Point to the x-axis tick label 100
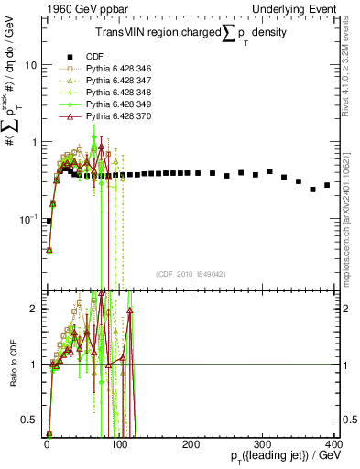118,444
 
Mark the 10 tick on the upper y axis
31,66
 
